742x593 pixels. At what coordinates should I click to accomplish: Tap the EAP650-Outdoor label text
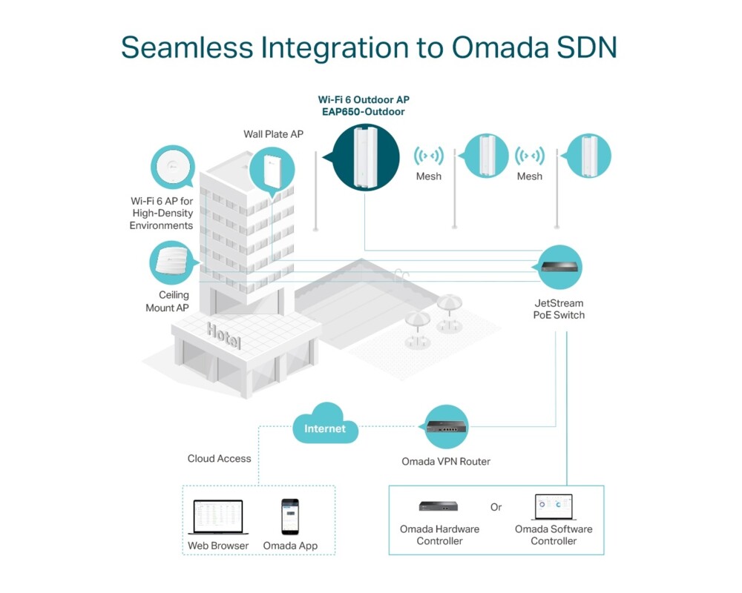point(363,111)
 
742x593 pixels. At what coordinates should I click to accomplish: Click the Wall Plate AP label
point(274,134)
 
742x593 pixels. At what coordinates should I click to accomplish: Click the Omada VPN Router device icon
point(447,426)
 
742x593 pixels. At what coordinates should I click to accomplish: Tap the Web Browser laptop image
point(218,517)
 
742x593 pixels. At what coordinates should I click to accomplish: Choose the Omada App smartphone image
point(289,517)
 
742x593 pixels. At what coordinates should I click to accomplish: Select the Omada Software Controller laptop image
point(554,507)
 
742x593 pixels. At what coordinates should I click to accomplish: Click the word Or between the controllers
point(496,508)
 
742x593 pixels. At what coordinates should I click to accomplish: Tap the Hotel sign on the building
point(224,336)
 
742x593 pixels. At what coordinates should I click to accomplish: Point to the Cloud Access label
point(219,459)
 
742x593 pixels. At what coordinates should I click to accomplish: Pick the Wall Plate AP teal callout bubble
point(272,170)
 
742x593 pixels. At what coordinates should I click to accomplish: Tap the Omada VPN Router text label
point(446,462)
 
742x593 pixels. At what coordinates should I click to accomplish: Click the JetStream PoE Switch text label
point(559,309)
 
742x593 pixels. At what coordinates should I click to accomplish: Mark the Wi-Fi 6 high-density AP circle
point(172,168)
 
